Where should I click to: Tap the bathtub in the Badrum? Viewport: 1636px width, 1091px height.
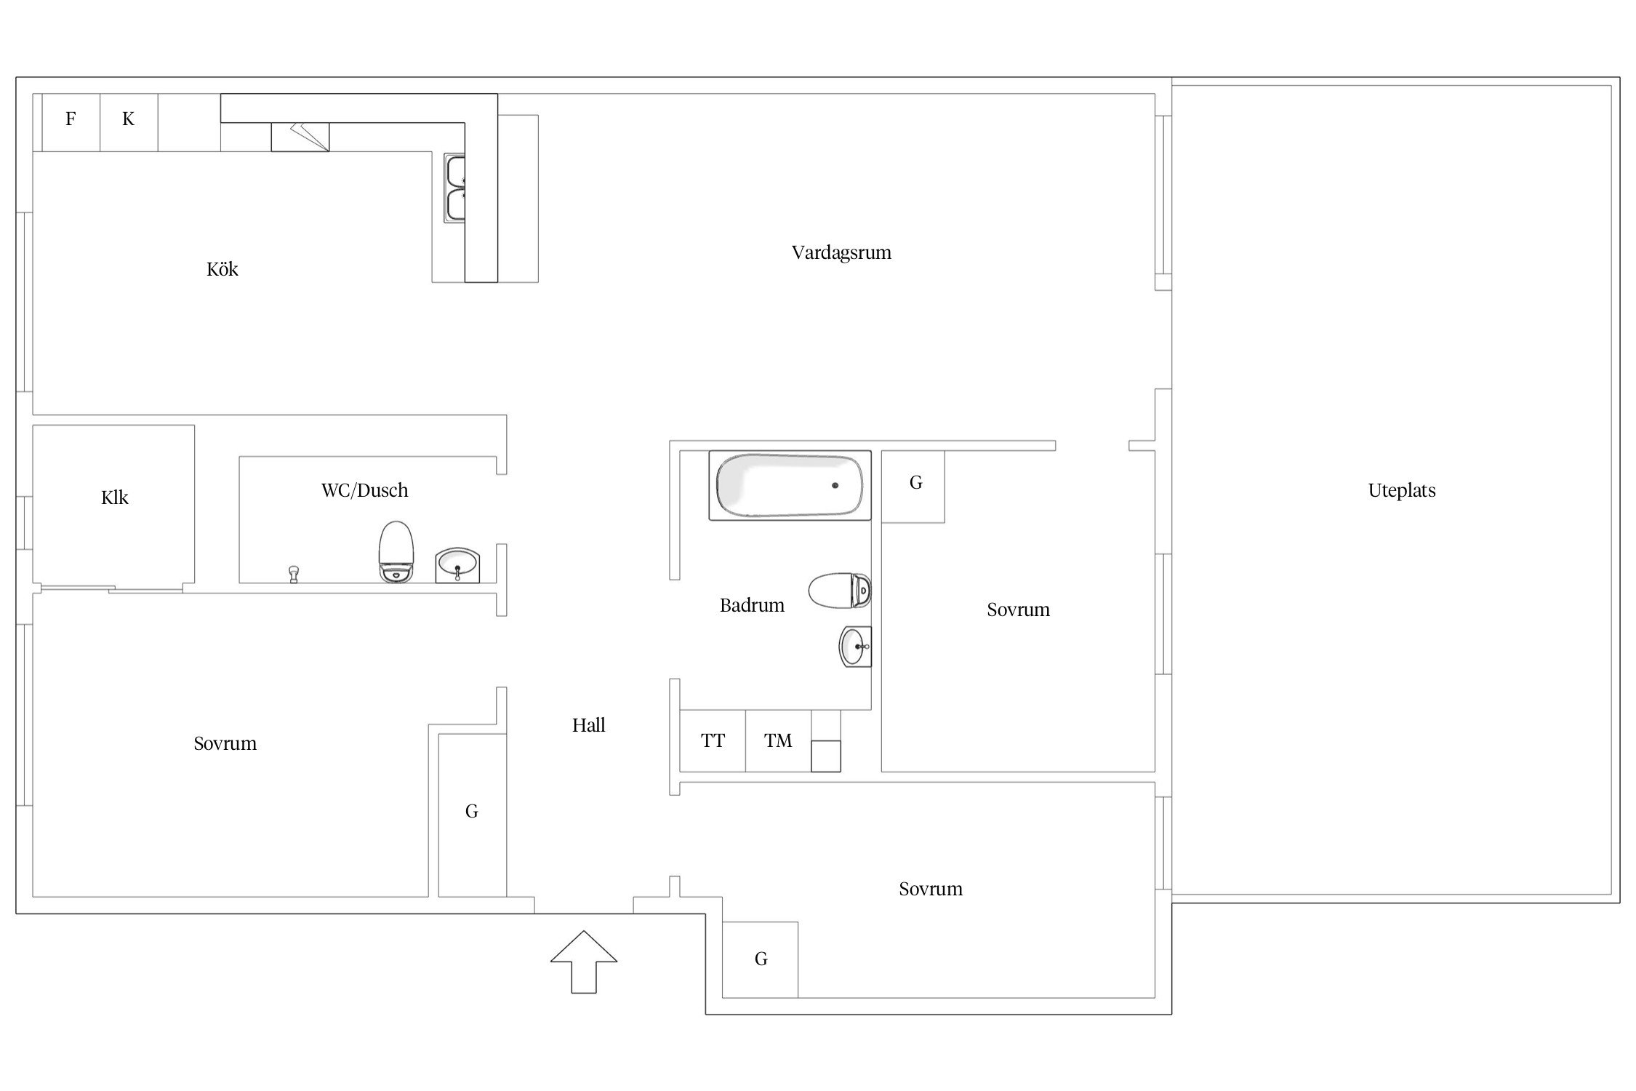(x=790, y=485)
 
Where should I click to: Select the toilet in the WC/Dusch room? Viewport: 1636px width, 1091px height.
(x=396, y=551)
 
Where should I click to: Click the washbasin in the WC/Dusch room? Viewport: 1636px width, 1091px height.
(x=457, y=565)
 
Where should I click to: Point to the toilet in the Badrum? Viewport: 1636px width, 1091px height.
(x=840, y=591)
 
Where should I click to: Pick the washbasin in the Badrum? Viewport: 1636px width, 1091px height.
(x=855, y=647)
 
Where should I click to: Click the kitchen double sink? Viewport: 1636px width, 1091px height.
(x=455, y=188)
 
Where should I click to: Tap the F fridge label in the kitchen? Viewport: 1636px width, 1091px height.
(x=71, y=119)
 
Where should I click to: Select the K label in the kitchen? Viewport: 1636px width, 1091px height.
(x=128, y=119)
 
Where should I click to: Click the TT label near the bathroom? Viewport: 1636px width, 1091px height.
(x=713, y=740)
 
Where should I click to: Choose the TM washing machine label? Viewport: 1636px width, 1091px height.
(x=777, y=740)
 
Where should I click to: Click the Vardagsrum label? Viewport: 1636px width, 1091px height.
(x=841, y=252)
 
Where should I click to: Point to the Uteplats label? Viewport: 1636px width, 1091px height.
(x=1402, y=490)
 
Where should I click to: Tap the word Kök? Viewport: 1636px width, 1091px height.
(x=222, y=269)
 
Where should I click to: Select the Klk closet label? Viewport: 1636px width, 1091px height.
(x=115, y=497)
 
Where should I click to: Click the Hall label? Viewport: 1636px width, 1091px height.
(x=588, y=724)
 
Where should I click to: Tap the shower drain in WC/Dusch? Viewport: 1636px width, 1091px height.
(x=294, y=574)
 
